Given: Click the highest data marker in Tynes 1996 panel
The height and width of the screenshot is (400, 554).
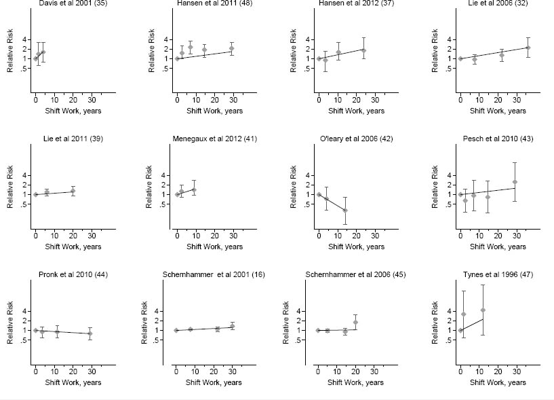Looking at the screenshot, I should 483,310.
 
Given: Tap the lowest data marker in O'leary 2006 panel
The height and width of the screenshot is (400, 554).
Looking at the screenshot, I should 345,211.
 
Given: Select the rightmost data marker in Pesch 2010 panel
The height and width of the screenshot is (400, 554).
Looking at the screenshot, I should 515,182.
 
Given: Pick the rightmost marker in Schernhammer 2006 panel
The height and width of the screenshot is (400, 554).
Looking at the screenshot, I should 355,322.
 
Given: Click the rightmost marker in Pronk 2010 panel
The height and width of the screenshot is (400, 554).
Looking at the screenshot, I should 90,333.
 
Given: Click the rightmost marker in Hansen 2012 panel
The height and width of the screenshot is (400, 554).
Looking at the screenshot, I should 363,50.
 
